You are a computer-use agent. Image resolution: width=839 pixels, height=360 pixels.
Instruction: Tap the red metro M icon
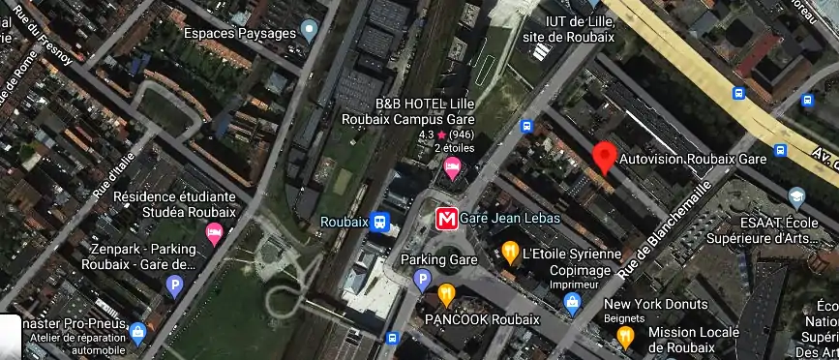[446, 218]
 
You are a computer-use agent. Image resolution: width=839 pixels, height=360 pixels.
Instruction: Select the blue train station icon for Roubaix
[381, 222]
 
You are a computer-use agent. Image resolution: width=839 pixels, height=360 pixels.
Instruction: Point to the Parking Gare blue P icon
[422, 280]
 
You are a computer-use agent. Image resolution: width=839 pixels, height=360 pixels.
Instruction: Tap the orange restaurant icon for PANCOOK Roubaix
[446, 293]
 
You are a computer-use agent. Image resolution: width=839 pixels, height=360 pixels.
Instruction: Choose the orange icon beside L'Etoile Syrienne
[510, 254]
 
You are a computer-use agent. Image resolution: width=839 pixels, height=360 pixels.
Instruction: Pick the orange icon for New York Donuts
[625, 337]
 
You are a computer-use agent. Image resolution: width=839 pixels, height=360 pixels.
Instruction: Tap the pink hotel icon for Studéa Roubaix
[214, 232]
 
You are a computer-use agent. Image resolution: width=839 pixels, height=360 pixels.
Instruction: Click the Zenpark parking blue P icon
[174, 285]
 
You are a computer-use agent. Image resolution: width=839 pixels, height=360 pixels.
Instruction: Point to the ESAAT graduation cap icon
[797, 197]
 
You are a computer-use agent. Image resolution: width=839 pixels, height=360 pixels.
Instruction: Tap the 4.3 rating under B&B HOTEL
[426, 135]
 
